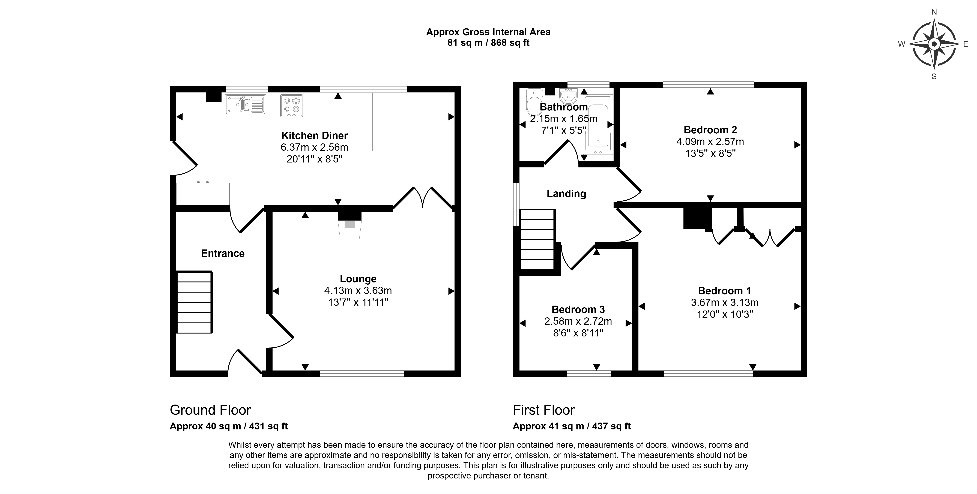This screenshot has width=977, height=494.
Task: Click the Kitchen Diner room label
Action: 314,135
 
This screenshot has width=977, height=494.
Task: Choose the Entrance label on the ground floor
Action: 223,253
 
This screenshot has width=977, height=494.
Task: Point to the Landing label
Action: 566,194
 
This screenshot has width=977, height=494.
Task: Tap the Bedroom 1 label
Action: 724,291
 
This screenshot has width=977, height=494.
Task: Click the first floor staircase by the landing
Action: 538,240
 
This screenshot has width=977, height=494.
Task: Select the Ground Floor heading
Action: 210,410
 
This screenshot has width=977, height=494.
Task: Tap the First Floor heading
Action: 543,410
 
